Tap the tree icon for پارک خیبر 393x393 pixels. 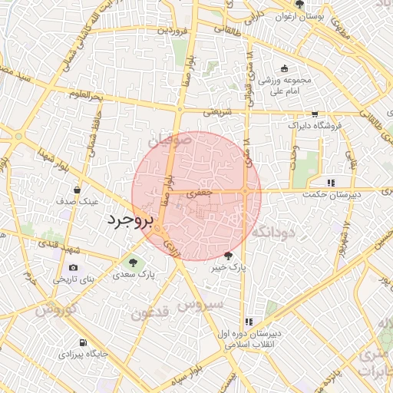tap(228, 256)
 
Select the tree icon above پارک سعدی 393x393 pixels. tap(134, 262)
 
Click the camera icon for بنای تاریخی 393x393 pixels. tap(73, 267)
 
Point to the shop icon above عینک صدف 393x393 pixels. tap(78, 190)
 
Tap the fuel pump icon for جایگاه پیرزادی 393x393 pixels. tap(82, 342)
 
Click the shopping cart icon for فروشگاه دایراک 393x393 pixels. tap(315, 114)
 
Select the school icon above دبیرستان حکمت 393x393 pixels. tap(331, 183)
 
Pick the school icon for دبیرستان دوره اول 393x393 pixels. tap(248, 322)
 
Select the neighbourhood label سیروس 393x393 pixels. tap(203, 304)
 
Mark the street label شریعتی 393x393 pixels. tap(216, 112)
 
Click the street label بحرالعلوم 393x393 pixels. tap(84, 97)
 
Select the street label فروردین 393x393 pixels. tap(173, 31)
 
